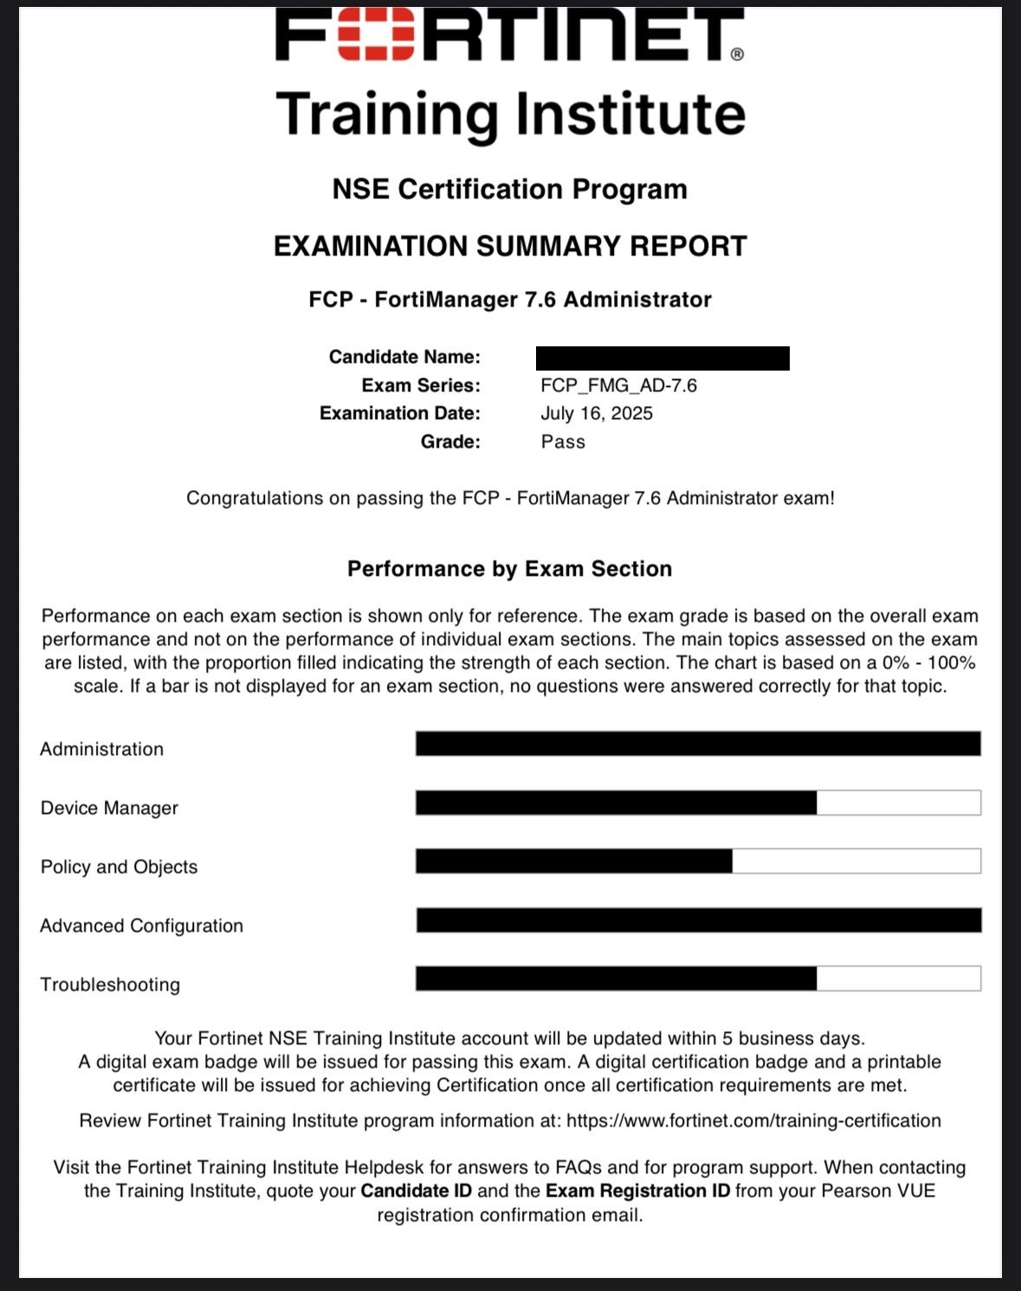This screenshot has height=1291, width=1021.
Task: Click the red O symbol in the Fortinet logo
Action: coord(374,35)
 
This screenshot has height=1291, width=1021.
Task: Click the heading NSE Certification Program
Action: coord(509,189)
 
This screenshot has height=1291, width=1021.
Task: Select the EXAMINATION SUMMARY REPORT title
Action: coord(509,246)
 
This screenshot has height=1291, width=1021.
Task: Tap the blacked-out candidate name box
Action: coord(662,358)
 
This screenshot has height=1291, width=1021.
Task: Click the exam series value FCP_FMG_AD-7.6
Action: coord(618,385)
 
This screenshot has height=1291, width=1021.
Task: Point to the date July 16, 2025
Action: coord(597,413)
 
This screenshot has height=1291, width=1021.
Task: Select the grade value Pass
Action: coord(563,442)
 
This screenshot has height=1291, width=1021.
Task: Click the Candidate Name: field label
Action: coord(404,357)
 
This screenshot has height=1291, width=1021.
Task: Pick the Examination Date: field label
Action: coord(399,413)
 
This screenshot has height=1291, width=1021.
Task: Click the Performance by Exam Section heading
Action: coord(509,569)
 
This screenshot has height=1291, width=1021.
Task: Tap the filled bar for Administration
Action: coord(698,744)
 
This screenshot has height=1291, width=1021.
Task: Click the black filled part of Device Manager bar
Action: coord(616,803)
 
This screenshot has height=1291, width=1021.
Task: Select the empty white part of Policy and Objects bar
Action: coord(856,861)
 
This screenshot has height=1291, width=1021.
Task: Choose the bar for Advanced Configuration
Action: coord(698,920)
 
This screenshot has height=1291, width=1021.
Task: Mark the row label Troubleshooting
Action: coord(110,984)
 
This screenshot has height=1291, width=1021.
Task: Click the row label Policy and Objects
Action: coord(119,867)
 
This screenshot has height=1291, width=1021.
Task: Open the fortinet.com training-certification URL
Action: coord(753,1120)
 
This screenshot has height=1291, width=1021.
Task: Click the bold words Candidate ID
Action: coord(417,1191)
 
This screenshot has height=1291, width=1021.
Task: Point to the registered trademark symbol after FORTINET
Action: coord(737,55)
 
